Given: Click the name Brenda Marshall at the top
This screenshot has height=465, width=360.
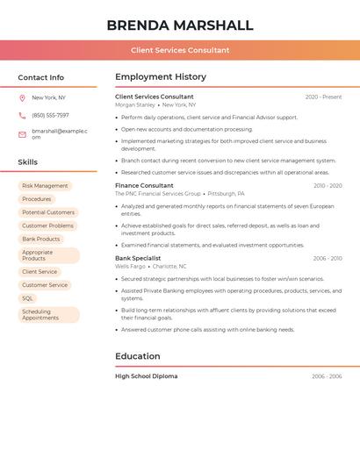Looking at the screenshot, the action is (x=180, y=25).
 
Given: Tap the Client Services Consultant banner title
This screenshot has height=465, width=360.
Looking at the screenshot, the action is (x=180, y=50).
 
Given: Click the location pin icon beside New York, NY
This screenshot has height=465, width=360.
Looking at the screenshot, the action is (x=22, y=97).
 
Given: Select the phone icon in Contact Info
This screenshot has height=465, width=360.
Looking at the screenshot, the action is (x=22, y=115).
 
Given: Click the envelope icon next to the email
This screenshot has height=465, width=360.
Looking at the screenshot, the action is (x=22, y=134).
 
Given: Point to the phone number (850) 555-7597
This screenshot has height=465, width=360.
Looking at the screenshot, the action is (x=50, y=115).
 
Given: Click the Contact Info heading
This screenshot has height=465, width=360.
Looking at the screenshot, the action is (x=40, y=77).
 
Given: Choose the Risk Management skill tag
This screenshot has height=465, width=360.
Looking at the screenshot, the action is (x=45, y=186).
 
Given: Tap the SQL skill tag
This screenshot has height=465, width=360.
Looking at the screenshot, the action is (x=28, y=298).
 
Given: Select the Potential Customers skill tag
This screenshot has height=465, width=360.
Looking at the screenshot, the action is (x=48, y=212).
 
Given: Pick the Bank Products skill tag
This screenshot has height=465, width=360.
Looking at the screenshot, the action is (x=41, y=239).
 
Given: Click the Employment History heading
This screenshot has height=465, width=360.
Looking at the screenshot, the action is (x=161, y=76).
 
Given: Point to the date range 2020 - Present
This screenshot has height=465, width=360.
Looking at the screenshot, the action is (x=323, y=97).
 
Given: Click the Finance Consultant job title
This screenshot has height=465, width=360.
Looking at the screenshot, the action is (x=144, y=186).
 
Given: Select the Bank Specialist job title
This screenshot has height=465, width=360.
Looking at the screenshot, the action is (x=138, y=258).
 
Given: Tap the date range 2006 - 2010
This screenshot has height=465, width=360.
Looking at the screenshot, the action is (x=328, y=259).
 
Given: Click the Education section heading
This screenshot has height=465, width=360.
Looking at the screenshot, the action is (x=138, y=356).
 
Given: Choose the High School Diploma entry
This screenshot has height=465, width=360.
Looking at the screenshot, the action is (x=146, y=376).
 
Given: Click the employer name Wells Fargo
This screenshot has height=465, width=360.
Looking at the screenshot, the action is (x=130, y=266).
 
